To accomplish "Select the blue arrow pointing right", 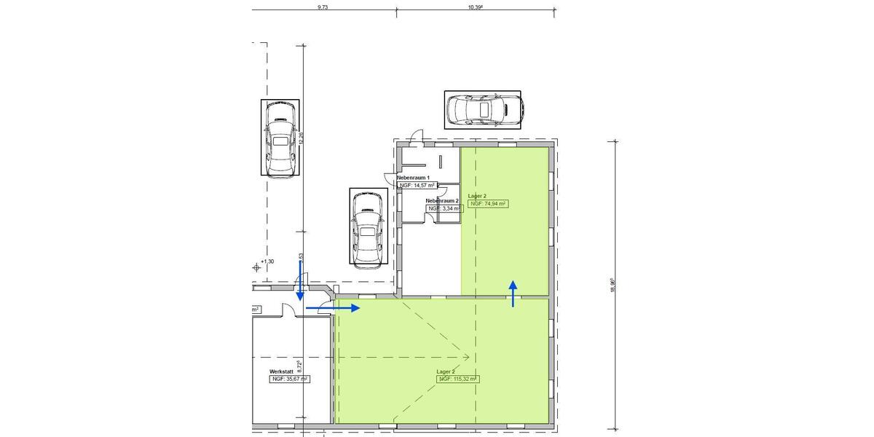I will point(333,308).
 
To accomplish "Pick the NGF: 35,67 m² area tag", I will point(290,379).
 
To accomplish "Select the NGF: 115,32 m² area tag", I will point(457,379).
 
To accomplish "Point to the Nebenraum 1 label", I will point(413,178).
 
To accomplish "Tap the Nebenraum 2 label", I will point(441,200).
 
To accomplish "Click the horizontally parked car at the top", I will point(482,110).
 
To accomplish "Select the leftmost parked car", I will point(280,138).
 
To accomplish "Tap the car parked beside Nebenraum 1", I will point(368,228).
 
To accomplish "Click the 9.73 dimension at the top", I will point(323,7).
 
